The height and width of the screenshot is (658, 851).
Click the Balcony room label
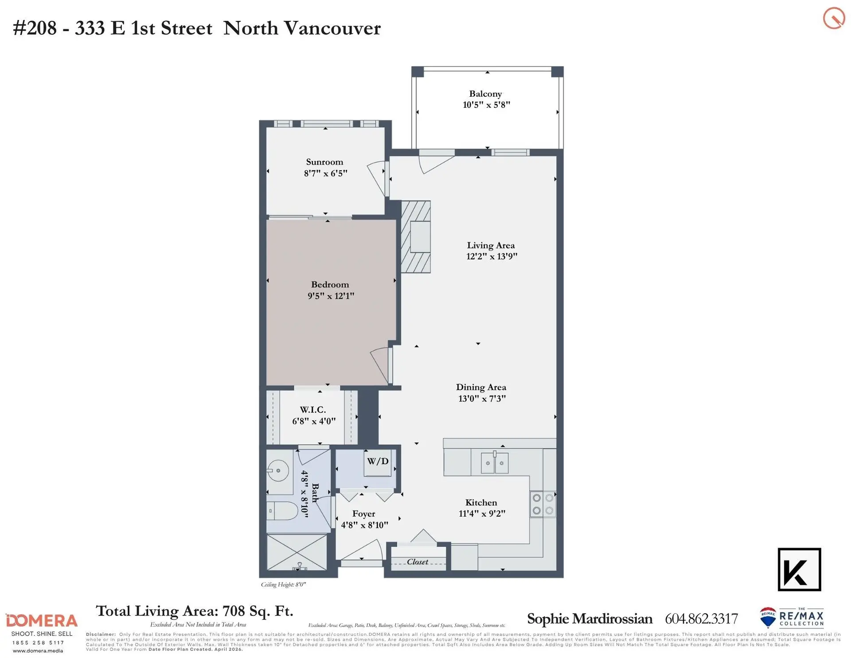pos(485,94)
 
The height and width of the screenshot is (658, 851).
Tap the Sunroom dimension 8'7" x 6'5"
pos(325,173)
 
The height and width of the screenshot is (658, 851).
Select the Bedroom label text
pos(330,285)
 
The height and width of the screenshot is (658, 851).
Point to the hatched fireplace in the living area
pos(416,237)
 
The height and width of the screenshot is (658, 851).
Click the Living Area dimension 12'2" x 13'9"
pos(492,256)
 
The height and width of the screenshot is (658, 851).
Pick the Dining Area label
pos(481,387)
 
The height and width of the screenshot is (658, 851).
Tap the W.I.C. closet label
pos(313,410)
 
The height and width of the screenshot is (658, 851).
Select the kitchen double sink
pos(495,463)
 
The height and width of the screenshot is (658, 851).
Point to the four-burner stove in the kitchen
pos(543,504)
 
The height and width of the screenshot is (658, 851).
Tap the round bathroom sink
pos(278,470)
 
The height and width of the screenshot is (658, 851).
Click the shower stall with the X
pos(297,552)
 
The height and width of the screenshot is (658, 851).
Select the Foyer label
pos(363,514)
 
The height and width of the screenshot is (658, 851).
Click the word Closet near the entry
pos(418,562)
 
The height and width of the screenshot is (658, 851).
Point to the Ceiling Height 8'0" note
pos(283,584)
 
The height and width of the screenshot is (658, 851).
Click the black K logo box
pos(799,569)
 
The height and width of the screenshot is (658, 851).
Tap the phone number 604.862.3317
pos(701,619)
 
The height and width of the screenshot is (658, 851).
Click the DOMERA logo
pos(42,621)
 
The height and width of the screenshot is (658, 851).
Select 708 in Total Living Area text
pos(234,611)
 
